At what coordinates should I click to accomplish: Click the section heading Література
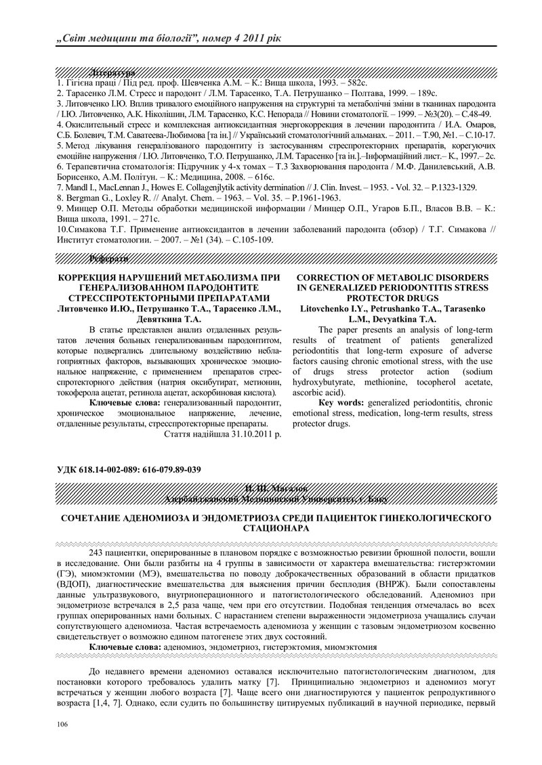pos(112,71)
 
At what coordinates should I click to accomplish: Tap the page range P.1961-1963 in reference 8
pos(313,197)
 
